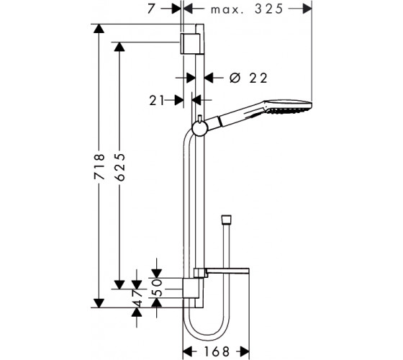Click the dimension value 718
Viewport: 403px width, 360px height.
pyautogui.click(x=99, y=166)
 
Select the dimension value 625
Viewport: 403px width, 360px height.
pyautogui.click(x=119, y=167)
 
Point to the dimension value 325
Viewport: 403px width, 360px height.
pyautogui.click(x=269, y=9)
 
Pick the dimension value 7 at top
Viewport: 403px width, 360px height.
pyautogui.click(x=152, y=9)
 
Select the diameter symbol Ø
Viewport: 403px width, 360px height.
pyautogui.click(x=235, y=78)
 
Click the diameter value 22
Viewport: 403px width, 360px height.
pyautogui.click(x=258, y=78)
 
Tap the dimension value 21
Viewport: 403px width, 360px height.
pyautogui.click(x=157, y=100)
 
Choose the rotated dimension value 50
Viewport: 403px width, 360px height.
pyautogui.click(x=158, y=288)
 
